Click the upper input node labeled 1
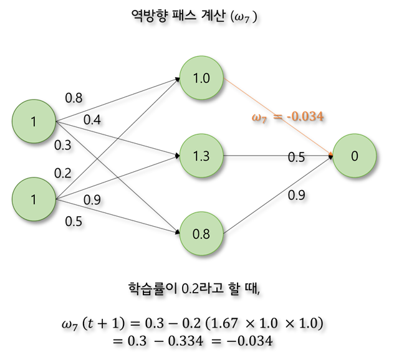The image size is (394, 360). (34, 121)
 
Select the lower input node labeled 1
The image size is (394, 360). (34, 199)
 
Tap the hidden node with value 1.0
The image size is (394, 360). (201, 78)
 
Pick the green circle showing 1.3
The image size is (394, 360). (201, 156)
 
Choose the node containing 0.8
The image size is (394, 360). (201, 234)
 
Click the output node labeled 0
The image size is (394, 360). (355, 156)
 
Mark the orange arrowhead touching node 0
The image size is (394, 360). (330, 153)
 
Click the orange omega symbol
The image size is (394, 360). (256, 116)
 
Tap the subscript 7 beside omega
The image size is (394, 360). (264, 120)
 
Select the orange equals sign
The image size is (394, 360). (277, 116)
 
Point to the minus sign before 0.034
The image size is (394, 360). (289, 116)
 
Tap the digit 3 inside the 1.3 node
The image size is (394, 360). (206, 156)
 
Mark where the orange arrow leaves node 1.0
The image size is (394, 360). (223, 78)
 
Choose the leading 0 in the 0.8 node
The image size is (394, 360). (196, 234)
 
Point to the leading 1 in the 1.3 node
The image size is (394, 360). (196, 156)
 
